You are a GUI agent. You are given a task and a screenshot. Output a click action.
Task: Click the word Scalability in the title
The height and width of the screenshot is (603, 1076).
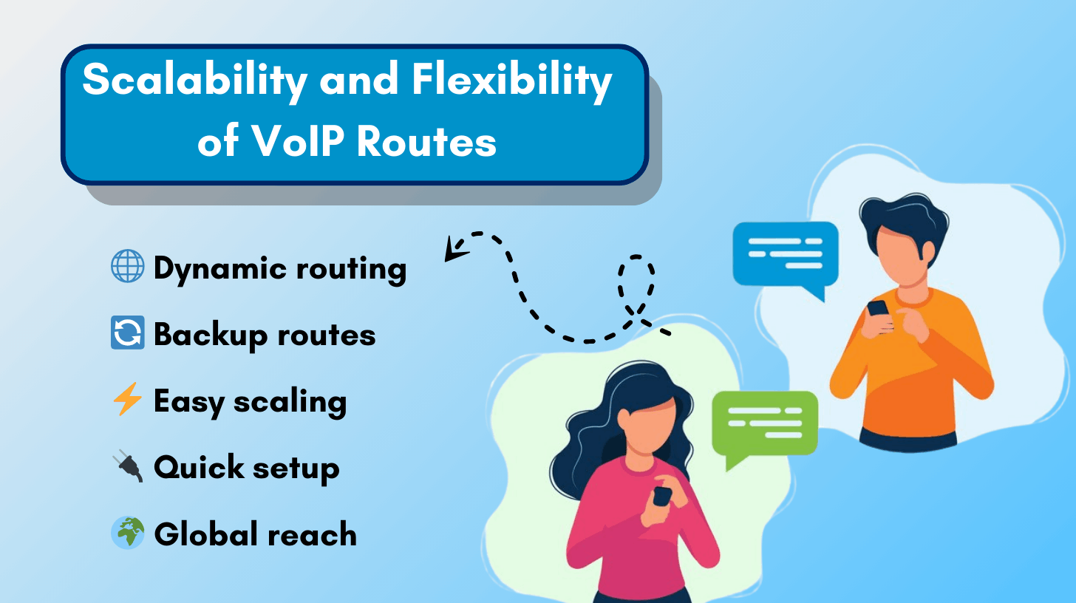[194, 81]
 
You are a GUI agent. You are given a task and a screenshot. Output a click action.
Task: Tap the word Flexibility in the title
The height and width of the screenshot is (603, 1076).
[511, 81]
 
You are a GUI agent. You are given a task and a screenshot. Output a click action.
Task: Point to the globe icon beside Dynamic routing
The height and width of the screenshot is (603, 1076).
[127, 268]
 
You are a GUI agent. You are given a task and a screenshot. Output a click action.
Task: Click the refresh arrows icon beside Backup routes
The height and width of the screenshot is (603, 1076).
[127, 334]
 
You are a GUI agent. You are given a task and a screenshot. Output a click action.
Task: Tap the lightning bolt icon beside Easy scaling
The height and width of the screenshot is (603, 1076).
[127, 401]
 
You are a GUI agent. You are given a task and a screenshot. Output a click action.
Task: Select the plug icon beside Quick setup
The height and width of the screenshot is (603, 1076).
[127, 468]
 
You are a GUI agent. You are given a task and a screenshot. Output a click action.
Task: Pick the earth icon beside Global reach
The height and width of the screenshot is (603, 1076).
[127, 534]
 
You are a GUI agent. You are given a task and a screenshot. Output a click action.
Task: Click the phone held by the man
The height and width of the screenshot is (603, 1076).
[878, 308]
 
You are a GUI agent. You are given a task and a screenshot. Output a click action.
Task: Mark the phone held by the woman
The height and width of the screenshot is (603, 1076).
[662, 495]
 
